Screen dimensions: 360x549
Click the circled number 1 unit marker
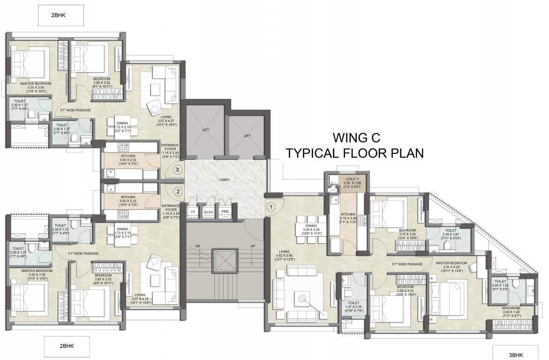[x=271, y=205]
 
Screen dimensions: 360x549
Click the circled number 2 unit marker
[x=178, y=191]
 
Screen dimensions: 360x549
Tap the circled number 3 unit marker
[x=178, y=170]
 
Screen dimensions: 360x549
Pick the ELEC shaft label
[x=209, y=212]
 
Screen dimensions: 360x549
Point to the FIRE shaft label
[x=225, y=212]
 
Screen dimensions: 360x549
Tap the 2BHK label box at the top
[x=61, y=15]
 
